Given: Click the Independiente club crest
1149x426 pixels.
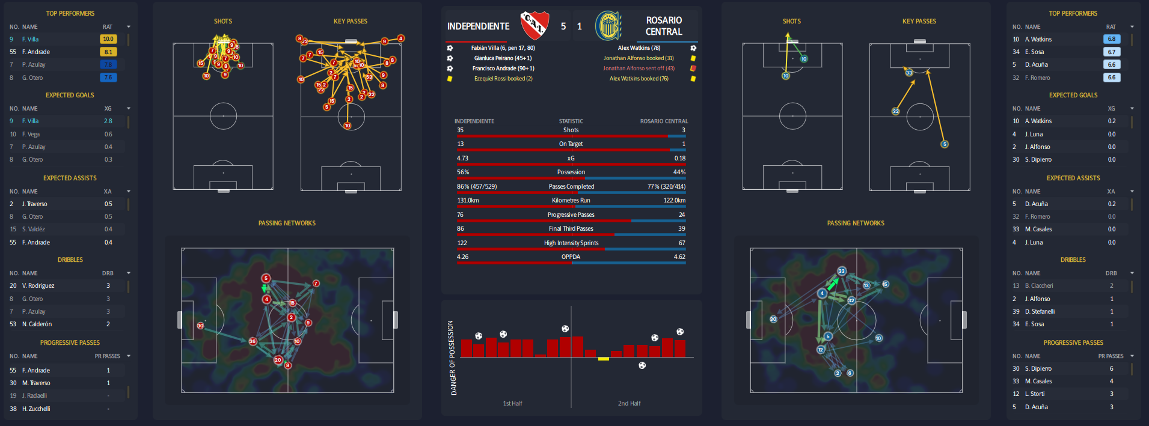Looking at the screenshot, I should coord(534,25).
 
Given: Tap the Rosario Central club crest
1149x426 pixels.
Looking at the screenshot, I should coord(608,26).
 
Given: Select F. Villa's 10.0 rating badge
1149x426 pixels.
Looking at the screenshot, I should coord(108,39).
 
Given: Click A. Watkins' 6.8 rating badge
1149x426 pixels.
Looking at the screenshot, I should coord(1112,39).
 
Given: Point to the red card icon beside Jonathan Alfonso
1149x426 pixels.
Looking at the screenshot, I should coord(693,68).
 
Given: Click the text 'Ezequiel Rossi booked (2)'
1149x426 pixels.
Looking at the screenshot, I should coord(503,79).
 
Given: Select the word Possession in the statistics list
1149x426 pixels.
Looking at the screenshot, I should coord(571,172).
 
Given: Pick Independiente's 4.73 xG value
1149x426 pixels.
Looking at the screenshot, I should coord(462,159).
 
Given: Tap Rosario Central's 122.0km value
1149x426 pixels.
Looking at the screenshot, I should coord(674,201).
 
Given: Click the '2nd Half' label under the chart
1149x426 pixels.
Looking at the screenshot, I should coord(629,404).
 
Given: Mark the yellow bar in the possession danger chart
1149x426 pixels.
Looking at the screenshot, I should coord(604,359).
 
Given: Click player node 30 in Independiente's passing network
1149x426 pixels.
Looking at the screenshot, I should coord(200,326).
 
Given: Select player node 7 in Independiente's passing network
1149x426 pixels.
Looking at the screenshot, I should coord(316,284).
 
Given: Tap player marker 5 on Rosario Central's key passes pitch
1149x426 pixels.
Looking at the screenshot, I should coord(945,144).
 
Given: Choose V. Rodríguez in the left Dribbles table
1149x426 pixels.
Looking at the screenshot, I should coord(38,286).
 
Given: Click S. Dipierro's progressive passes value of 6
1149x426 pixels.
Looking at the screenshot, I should coord(1111,369).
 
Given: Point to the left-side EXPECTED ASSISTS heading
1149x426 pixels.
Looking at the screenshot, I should coord(70,178).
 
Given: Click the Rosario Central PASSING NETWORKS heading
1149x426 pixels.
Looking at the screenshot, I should coord(856,224).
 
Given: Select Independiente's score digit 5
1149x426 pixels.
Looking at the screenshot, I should coord(563,26).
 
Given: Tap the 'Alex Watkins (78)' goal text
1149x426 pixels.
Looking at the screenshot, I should coord(639,48).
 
